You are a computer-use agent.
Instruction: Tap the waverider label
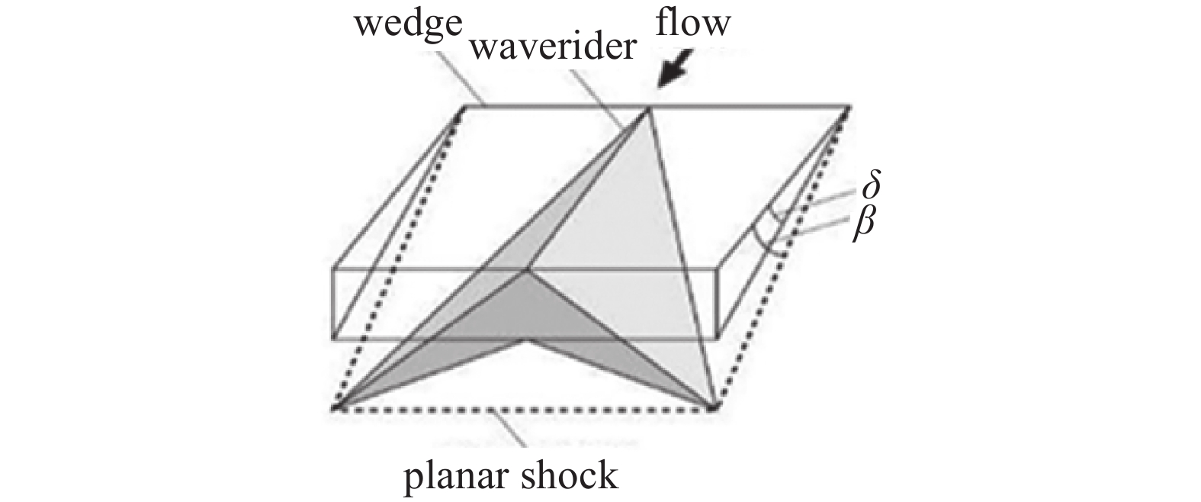[x=553, y=48]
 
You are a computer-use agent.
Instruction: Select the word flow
[x=692, y=22]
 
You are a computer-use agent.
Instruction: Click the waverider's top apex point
[x=649, y=109]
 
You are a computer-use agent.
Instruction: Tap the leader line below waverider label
[x=602, y=95]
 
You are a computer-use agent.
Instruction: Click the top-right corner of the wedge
[x=849, y=106]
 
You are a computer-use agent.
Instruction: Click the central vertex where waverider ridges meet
[x=525, y=270]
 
